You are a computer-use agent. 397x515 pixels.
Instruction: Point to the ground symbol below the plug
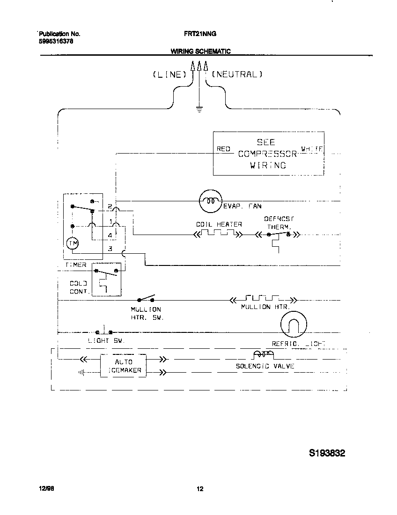(199, 110)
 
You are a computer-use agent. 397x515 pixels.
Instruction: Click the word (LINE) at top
(169, 74)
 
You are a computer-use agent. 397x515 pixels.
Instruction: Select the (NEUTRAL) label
(237, 74)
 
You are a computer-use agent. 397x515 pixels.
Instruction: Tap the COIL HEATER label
(219, 224)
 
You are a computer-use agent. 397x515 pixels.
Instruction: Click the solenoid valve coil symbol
(264, 354)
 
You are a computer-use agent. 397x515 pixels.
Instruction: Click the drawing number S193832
(327, 453)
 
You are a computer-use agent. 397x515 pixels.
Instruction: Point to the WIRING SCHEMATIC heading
(200, 51)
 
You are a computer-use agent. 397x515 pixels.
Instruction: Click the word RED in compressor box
(223, 149)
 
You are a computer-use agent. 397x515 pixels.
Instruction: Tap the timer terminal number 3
(110, 249)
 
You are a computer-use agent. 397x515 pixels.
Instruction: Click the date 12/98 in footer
(45, 489)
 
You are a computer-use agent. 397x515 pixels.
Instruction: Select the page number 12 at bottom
(200, 489)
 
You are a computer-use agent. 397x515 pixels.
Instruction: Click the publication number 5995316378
(56, 41)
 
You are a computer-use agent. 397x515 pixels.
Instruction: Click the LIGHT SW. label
(106, 341)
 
